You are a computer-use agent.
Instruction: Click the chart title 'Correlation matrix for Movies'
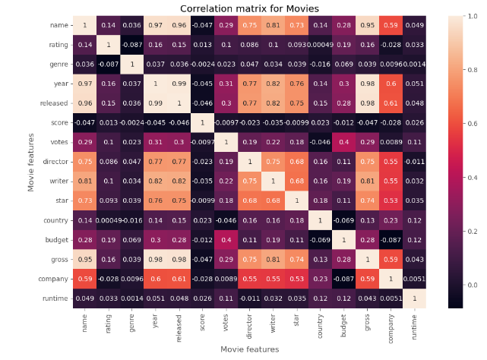pos(250,8)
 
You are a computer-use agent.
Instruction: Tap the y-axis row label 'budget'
pos(58,240)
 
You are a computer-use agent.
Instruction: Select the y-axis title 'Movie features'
pos(31,162)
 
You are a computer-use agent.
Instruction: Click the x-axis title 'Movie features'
pos(250,349)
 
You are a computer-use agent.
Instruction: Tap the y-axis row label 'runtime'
pos(56,298)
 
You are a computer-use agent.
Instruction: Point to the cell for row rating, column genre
pos(131,45)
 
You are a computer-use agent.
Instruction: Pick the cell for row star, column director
pos(251,201)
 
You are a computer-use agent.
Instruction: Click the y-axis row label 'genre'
pos(59,65)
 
